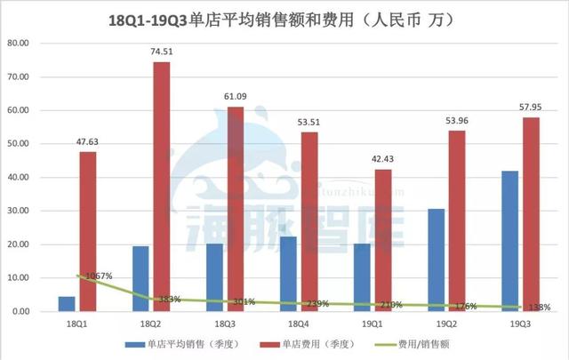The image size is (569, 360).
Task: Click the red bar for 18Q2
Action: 162,187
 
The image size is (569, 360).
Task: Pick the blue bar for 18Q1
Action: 67,303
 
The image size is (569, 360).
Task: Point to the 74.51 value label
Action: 162,52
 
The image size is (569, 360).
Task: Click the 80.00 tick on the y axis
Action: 19,43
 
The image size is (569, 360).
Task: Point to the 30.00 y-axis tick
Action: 19,211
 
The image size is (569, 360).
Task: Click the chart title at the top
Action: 284,16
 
